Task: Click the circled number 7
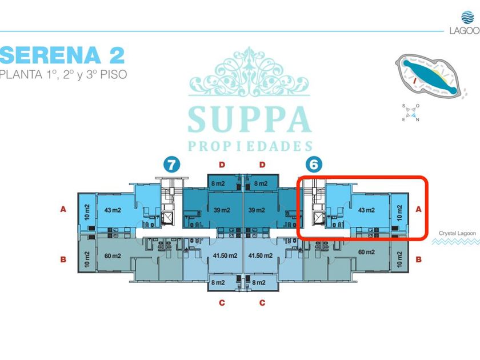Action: (x=171, y=165)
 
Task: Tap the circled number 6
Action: (x=314, y=165)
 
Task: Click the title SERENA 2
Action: (x=62, y=55)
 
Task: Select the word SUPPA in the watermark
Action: (x=250, y=118)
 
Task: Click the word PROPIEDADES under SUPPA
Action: (x=250, y=146)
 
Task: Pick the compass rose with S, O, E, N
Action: (x=411, y=113)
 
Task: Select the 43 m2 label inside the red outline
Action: (x=366, y=210)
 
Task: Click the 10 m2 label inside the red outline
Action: (x=399, y=210)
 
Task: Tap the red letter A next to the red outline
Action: (x=418, y=210)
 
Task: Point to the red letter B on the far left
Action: (x=63, y=259)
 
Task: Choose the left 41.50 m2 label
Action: (x=225, y=255)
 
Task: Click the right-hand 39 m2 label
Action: (x=257, y=210)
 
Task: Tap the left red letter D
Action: (x=222, y=165)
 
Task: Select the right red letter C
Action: (x=262, y=303)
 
